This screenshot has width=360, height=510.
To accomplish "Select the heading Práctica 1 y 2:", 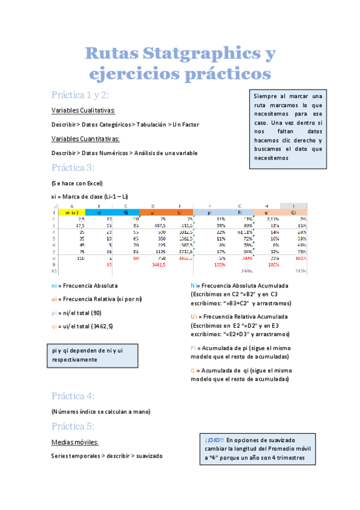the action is tap(80, 95).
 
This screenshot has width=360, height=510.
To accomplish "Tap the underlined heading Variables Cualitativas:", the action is tap(84, 111).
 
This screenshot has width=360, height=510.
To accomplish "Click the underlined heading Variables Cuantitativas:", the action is tap(86, 139).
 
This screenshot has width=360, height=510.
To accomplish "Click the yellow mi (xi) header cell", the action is tap(72, 212).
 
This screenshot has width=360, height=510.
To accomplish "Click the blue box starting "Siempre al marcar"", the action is tap(288, 127).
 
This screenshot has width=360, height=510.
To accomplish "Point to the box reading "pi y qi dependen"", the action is tap(93, 355).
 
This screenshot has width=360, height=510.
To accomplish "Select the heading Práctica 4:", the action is tap(73, 396).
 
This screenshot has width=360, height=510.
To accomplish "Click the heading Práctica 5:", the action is tap(73, 426).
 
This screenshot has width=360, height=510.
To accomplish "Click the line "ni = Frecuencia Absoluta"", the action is tap(85, 286).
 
